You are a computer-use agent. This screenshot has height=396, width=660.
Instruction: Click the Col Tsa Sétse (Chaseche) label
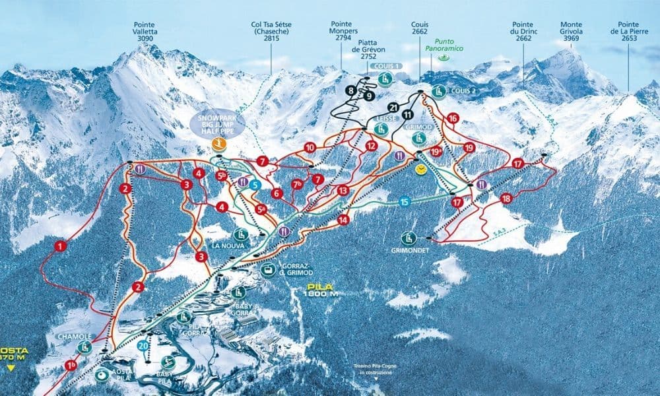(x=271, y=30)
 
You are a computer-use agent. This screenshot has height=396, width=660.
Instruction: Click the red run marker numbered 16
(x=452, y=118)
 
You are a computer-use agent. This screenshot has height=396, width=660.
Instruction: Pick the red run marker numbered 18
(x=506, y=198)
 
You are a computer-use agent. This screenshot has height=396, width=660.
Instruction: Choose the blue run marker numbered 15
(x=404, y=203)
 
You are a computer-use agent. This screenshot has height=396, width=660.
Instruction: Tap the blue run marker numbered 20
(x=143, y=345)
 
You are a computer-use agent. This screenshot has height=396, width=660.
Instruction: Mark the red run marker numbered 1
(x=61, y=246)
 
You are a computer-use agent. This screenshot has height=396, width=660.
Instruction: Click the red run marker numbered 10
(x=310, y=147)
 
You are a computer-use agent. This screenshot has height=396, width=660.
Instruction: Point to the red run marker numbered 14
(x=343, y=219)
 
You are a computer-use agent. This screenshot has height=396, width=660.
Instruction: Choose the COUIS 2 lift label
(x=464, y=91)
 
